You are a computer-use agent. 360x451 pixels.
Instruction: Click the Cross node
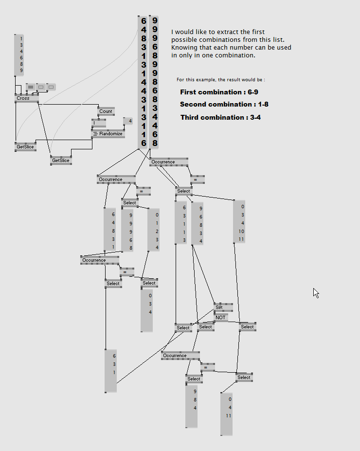pyautogui.click(x=23, y=98)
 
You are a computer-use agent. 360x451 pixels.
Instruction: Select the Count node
pyautogui.click(x=106, y=111)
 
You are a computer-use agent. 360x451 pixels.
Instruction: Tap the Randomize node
pyautogui.click(x=108, y=134)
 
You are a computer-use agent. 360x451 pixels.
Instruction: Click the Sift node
pyautogui.click(x=219, y=307)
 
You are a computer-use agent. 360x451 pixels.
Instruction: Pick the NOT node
pyautogui.click(x=221, y=317)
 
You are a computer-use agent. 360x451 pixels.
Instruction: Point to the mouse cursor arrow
pyautogui.click(x=316, y=292)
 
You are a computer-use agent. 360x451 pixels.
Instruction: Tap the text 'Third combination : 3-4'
pyautogui.click(x=220, y=117)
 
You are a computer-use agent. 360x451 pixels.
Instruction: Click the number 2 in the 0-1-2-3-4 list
pyautogui.click(x=157, y=231)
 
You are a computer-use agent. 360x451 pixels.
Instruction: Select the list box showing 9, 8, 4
pyautogui.click(x=192, y=406)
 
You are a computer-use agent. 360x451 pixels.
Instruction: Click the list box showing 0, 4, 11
pyautogui.click(x=227, y=414)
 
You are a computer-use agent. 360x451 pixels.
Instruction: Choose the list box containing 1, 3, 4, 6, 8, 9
pyautogui.click(x=19, y=54)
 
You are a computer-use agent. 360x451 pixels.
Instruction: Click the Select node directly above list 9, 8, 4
pyautogui.click(x=194, y=379)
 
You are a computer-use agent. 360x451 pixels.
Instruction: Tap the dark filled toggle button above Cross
pyautogui.click(x=30, y=87)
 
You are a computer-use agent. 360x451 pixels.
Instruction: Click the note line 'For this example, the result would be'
pyautogui.click(x=221, y=79)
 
